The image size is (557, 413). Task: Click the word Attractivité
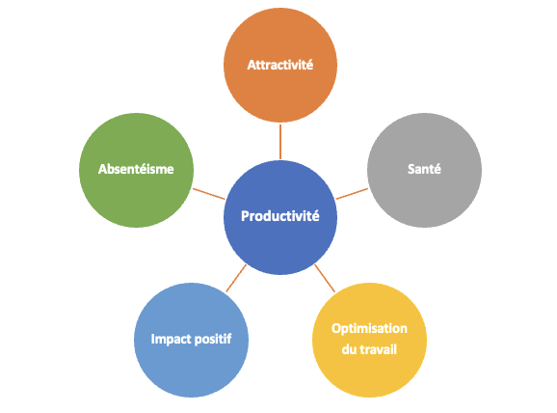click(x=280, y=65)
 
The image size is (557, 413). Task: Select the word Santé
click(x=424, y=169)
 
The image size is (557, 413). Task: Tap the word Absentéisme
click(x=136, y=169)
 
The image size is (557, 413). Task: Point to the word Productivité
click(x=280, y=216)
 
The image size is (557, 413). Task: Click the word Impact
click(x=170, y=339)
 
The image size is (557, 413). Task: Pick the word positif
click(x=212, y=339)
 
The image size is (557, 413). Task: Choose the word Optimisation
click(x=369, y=329)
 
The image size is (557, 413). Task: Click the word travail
click(x=379, y=349)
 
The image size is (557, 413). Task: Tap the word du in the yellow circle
click(x=349, y=349)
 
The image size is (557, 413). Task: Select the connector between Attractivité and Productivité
click(x=280, y=142)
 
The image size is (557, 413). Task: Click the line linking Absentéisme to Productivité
click(x=209, y=194)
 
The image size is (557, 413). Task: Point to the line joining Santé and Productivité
click(x=352, y=194)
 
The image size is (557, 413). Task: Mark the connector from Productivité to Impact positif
click(x=236, y=278)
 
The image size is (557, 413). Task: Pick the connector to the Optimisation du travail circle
click(x=325, y=278)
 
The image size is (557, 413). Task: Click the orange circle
click(x=280, y=65)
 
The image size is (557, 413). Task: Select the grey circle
click(x=425, y=170)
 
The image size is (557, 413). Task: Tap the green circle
click(x=136, y=170)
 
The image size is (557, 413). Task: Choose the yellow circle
click(x=369, y=340)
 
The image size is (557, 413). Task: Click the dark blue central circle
click(x=280, y=217)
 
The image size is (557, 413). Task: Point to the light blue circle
click(x=191, y=340)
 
